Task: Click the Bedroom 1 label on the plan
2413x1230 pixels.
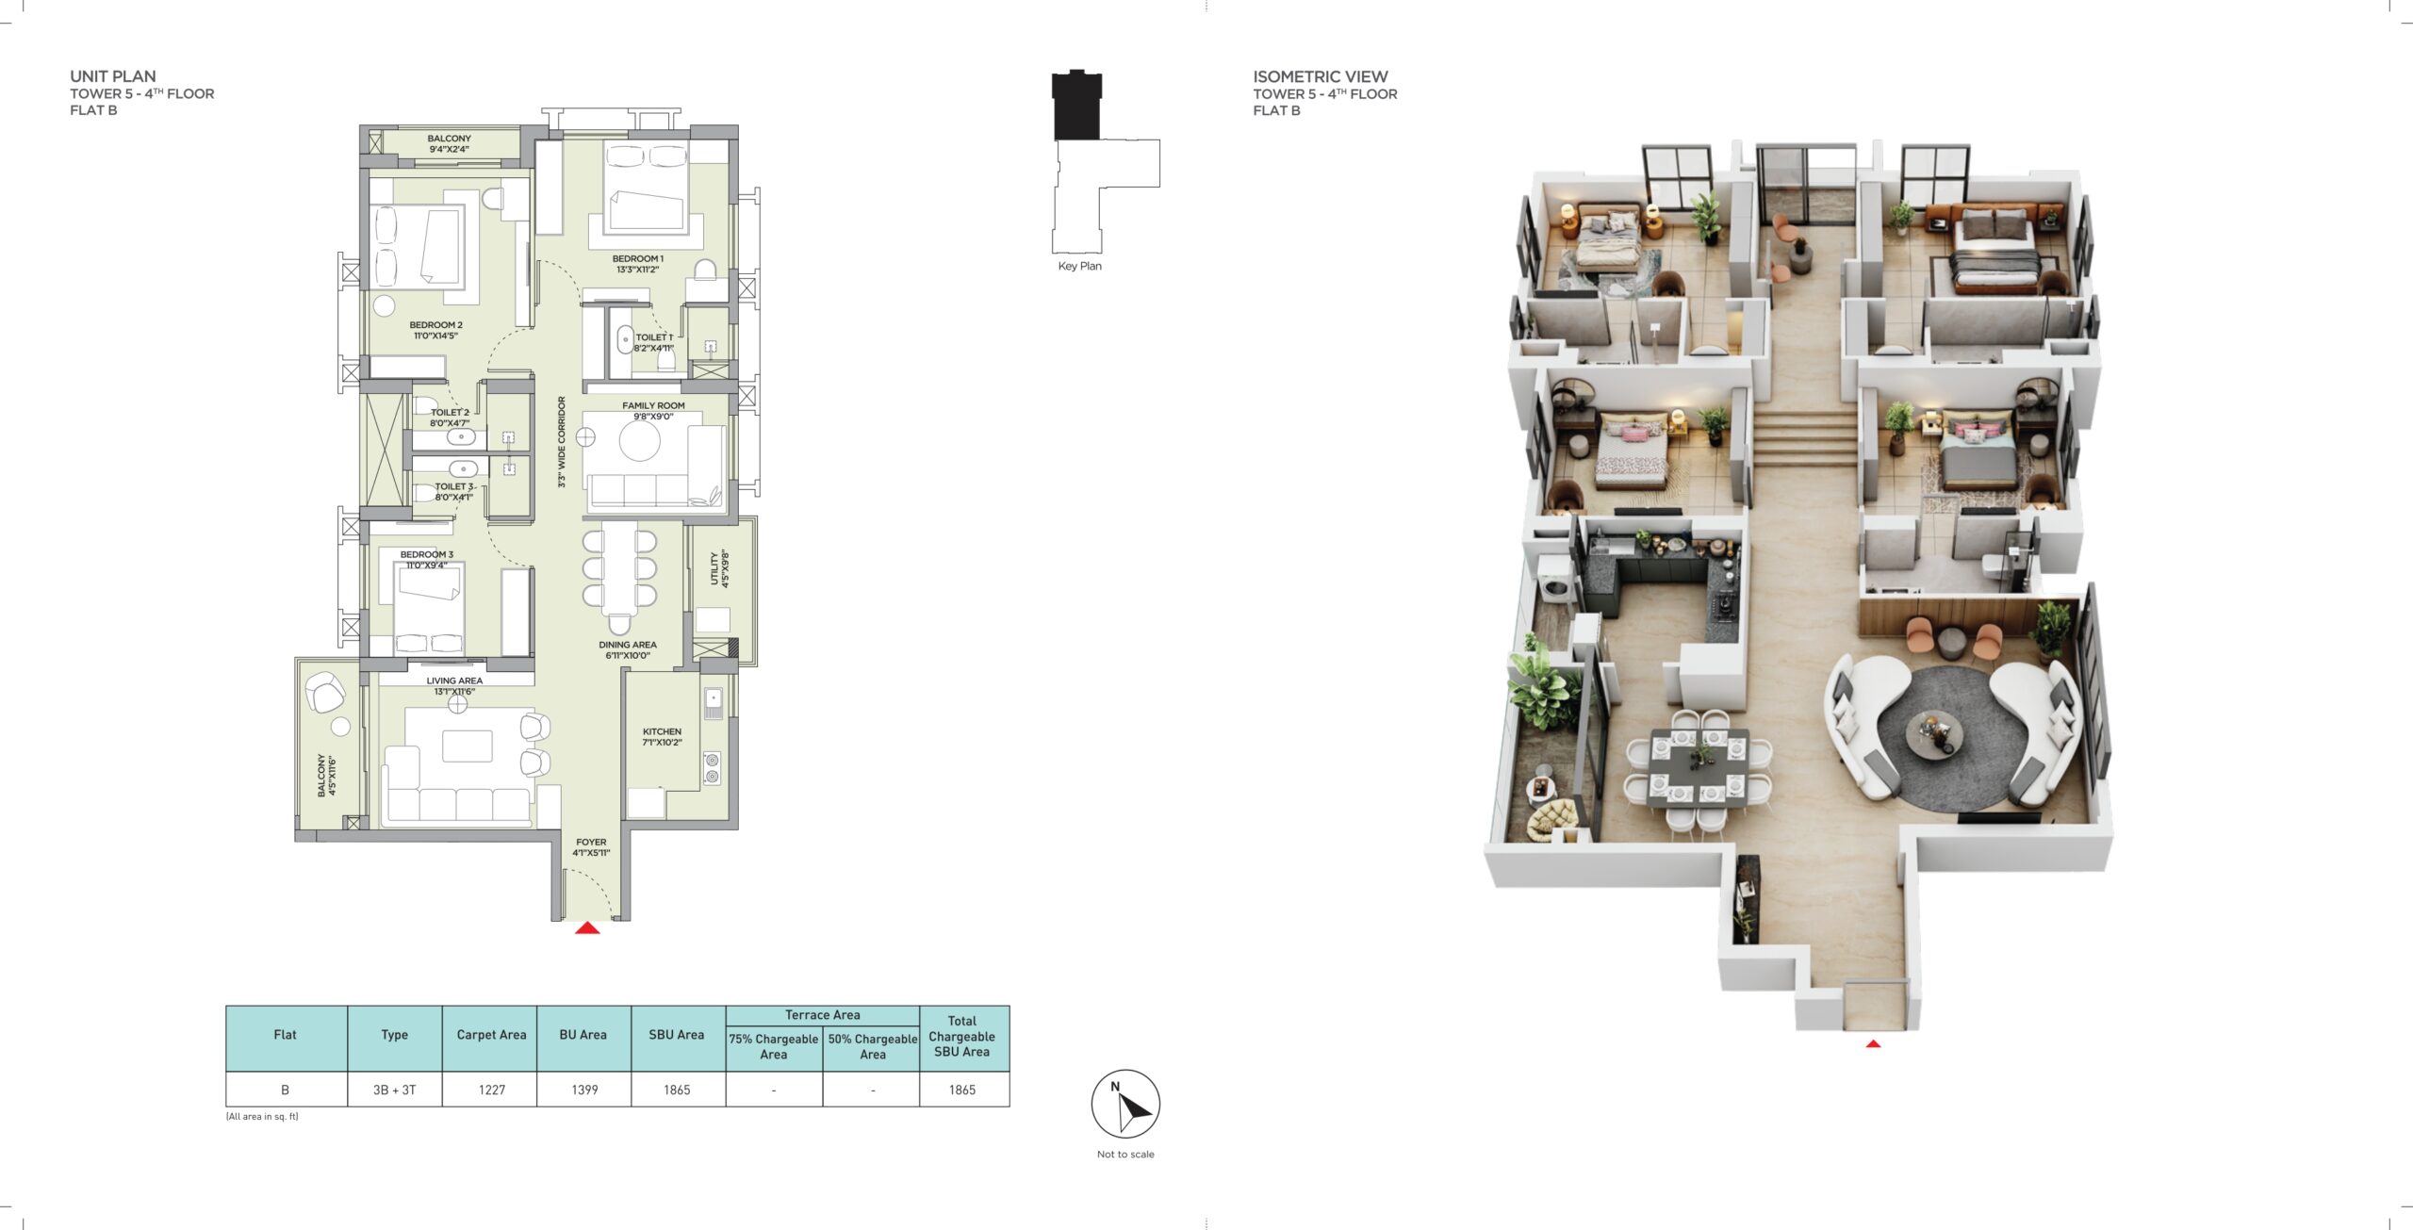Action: pos(638,264)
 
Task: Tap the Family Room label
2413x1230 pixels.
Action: pos(653,411)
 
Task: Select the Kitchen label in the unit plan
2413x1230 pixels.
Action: pos(662,736)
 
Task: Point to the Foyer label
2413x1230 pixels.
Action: pos(591,847)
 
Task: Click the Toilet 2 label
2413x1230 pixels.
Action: pos(450,418)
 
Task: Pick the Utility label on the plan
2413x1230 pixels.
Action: pos(719,569)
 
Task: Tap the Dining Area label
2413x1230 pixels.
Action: pos(628,650)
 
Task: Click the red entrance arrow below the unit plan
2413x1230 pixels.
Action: pos(587,928)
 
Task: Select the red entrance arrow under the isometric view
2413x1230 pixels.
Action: pos(1873,1043)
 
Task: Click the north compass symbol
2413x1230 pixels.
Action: pos(1125,1104)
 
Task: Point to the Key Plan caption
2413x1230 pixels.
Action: pos(1079,266)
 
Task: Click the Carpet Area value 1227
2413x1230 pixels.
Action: pos(492,1090)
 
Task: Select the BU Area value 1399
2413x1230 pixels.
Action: pos(584,1090)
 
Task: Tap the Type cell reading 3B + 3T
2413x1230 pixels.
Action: pos(394,1090)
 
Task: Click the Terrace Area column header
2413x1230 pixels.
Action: pos(822,1015)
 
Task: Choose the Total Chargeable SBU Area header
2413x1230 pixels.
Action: pos(961,1036)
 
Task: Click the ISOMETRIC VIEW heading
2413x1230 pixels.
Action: pos(1320,76)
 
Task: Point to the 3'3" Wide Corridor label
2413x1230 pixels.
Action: pos(562,441)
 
